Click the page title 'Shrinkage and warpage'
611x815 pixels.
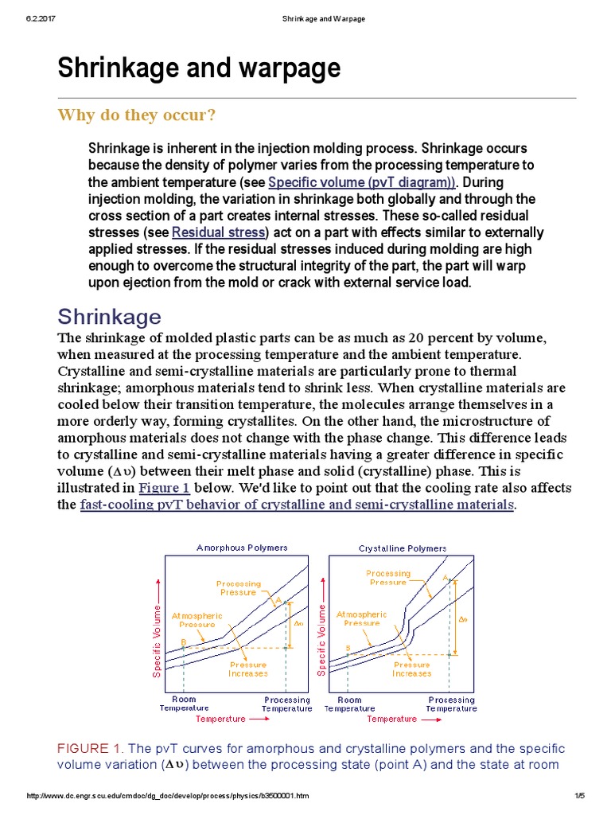click(x=199, y=69)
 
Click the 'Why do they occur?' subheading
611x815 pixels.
click(x=136, y=115)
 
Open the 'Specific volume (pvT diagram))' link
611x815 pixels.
click(x=361, y=182)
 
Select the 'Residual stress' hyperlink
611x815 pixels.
click(x=219, y=232)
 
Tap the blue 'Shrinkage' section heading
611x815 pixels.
click(x=109, y=317)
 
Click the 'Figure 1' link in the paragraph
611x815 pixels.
click(x=164, y=488)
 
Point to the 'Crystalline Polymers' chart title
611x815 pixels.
click(x=403, y=548)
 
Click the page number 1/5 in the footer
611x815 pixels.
click(x=579, y=796)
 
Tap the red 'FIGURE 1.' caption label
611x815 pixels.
click(x=90, y=749)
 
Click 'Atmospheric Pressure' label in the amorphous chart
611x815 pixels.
click(x=197, y=620)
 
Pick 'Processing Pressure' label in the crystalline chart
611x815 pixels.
click(x=388, y=577)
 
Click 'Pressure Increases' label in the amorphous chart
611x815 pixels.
click(x=247, y=669)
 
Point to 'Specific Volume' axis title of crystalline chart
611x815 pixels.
click(x=321, y=640)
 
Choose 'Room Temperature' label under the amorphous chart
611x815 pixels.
click(x=184, y=704)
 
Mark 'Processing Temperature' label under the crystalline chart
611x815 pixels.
click(x=451, y=704)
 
